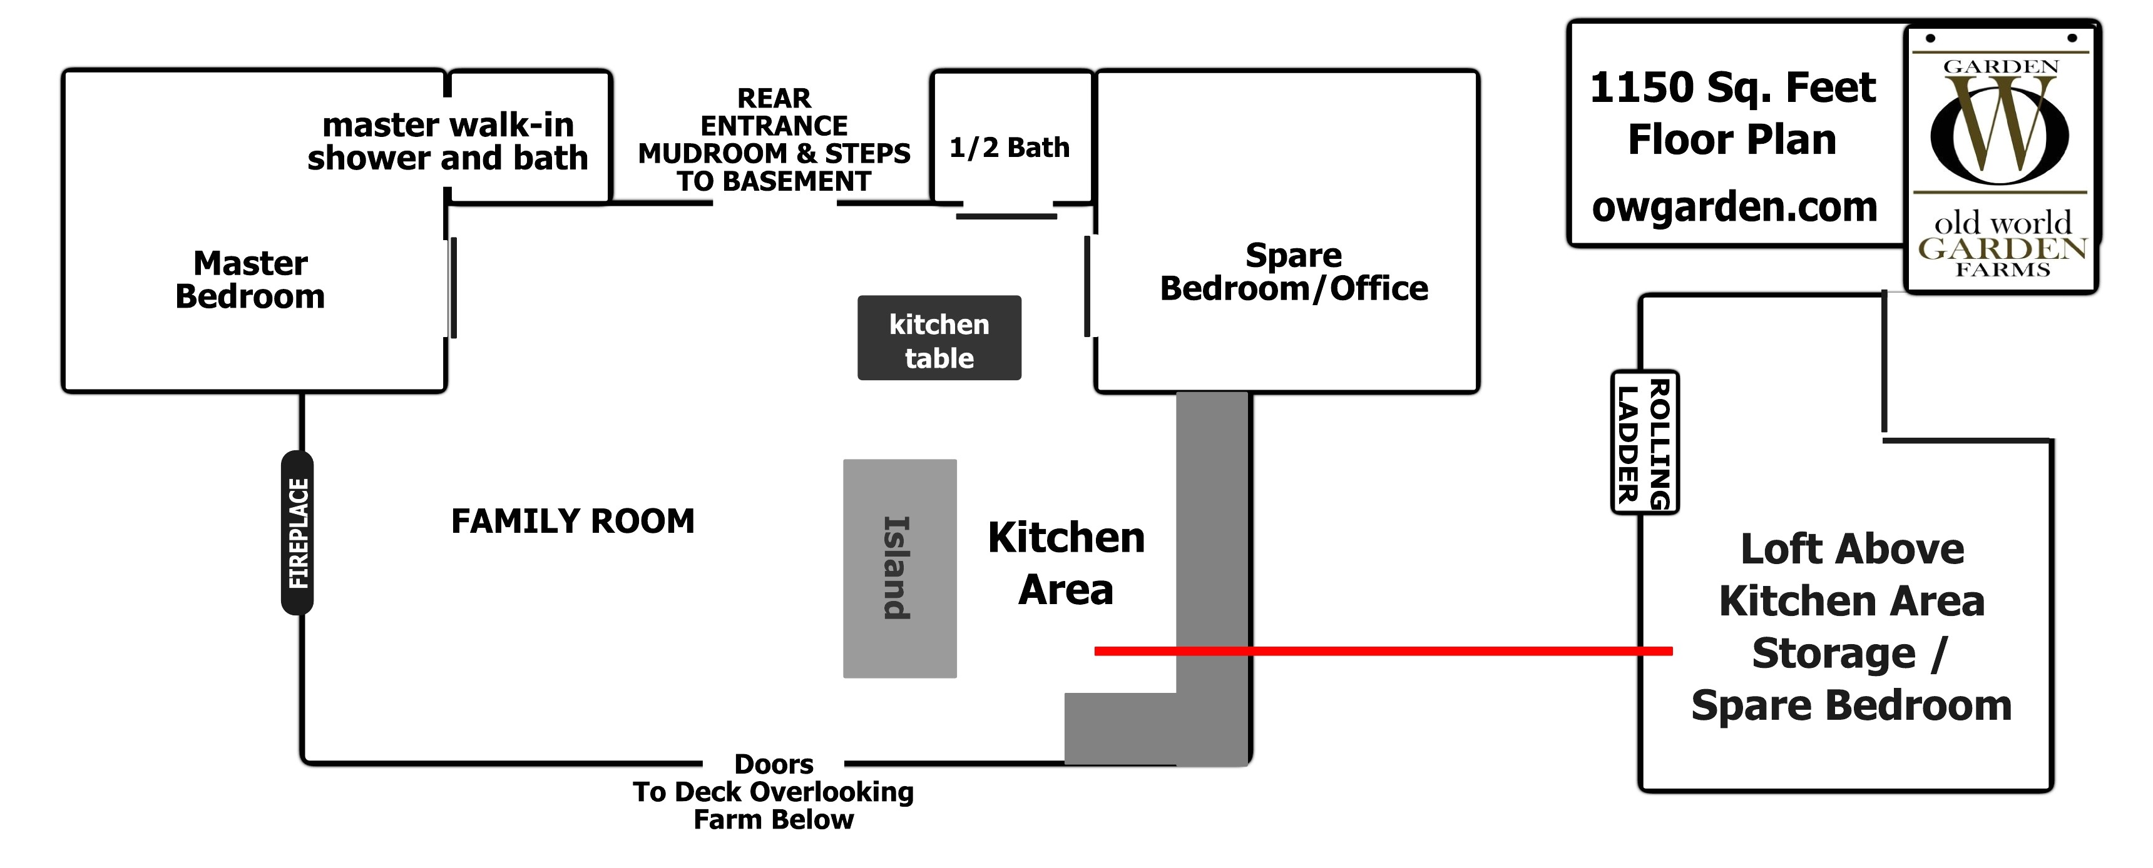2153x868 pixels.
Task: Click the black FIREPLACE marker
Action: tap(297, 533)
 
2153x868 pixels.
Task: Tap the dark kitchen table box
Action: tap(939, 338)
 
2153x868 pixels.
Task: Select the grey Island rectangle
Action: tap(899, 568)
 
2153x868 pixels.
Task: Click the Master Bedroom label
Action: tap(250, 280)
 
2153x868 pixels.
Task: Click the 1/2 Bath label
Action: tap(1009, 148)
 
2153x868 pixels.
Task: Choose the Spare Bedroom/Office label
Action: tap(1294, 271)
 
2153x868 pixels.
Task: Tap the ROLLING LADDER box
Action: tap(1644, 443)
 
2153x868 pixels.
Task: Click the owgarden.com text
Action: tap(1734, 206)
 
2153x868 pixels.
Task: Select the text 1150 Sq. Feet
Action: tap(1732, 88)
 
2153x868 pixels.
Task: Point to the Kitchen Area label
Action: tap(1066, 563)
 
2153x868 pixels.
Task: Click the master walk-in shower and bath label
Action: tap(448, 141)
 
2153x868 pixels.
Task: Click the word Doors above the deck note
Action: tap(773, 764)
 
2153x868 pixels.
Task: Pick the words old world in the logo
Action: tap(2003, 223)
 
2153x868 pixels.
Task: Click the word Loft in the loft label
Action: tap(1775, 550)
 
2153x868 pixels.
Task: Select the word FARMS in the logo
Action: tap(2003, 270)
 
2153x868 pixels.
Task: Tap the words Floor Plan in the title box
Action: tap(1732, 139)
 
